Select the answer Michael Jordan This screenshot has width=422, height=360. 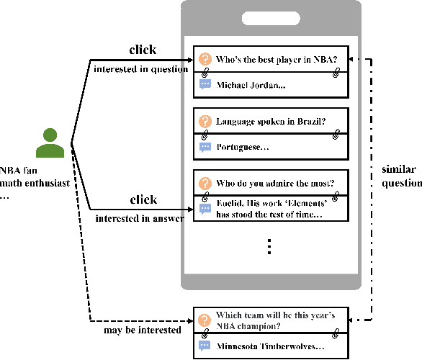tap(251, 85)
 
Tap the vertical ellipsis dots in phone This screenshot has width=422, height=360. tap(269, 246)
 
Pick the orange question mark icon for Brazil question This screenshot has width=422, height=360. tap(205, 121)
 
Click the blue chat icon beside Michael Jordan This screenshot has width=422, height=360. tap(205, 85)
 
